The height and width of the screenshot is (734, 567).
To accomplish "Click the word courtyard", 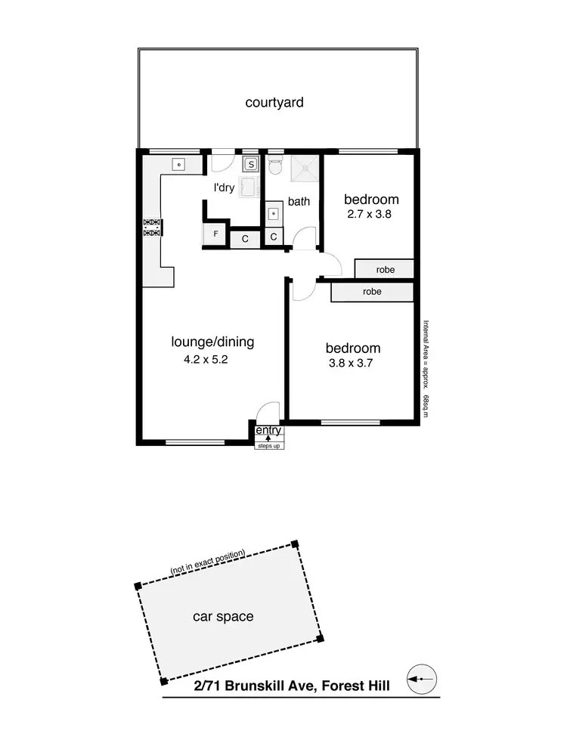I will tap(274, 102).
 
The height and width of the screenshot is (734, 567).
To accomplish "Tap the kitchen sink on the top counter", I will tap(179, 163).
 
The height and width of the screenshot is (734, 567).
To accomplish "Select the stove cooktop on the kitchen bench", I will tap(153, 228).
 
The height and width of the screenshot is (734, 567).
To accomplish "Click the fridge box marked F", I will tap(216, 234).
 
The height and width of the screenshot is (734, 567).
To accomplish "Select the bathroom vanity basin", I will tap(272, 214).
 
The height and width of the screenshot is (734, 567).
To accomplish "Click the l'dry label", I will tap(225, 187).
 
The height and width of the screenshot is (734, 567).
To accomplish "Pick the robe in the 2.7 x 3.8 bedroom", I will tap(384, 268).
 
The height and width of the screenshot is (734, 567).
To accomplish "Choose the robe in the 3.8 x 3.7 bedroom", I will tap(371, 291).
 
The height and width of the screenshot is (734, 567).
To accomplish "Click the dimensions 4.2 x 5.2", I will tap(206, 360).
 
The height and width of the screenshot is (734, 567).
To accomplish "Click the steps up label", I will tap(270, 445).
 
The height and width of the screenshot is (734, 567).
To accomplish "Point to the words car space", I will tap(223, 616).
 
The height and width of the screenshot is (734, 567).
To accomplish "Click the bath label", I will tap(299, 202).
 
